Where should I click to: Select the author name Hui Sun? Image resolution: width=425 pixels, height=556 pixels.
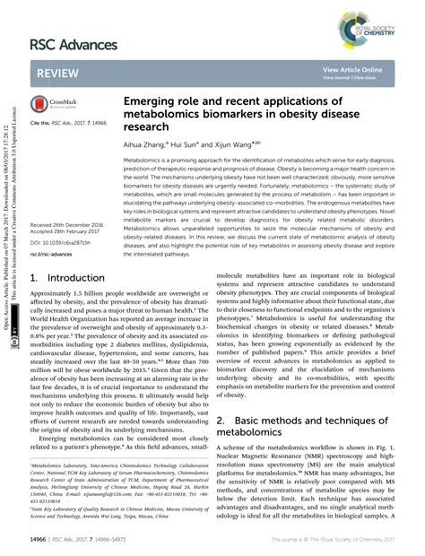pos(199,143)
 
